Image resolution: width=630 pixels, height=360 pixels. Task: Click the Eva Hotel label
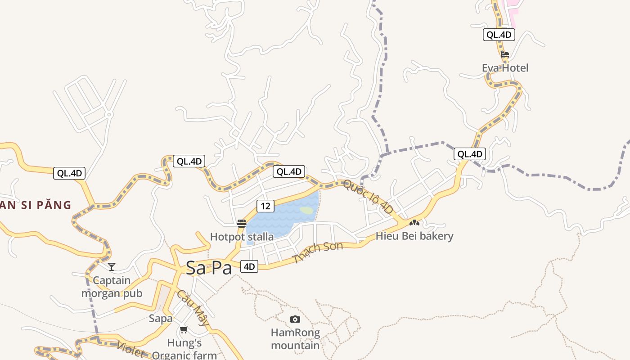505,68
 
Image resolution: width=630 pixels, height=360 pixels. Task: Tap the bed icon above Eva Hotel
505,55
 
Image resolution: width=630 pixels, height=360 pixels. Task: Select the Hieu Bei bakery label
414,236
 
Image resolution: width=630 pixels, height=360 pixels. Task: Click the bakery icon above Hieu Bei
414,222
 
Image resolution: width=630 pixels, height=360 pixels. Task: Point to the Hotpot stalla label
242,237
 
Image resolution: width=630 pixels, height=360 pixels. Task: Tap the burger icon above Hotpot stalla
242,223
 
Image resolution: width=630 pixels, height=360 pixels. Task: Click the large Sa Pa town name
209,268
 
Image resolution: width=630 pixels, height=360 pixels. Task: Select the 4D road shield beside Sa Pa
249,267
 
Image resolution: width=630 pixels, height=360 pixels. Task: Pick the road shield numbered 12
265,206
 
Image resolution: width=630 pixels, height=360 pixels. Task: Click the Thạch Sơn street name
317,252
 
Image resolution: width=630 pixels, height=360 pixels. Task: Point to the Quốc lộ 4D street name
368,197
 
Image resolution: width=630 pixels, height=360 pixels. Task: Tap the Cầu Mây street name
193,308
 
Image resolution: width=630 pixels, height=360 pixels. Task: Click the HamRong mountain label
295,339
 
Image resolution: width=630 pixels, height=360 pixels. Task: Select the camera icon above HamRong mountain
295,319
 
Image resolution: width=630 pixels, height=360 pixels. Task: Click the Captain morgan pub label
112,287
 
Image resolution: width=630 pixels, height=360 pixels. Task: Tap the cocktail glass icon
112,267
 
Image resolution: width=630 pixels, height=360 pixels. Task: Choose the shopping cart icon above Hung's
184,330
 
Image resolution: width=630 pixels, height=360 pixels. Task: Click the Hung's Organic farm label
184,349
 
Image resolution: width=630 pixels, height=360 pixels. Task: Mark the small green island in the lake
306,210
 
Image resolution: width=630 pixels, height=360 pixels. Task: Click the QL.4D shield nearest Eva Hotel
499,35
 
